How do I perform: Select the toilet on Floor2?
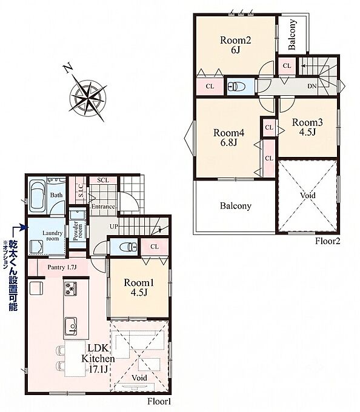pyautogui.click(x=235, y=86)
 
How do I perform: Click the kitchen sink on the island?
pyautogui.click(x=71, y=326)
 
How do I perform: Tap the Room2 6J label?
pyautogui.click(x=236, y=45)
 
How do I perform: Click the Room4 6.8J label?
pyautogui.click(x=229, y=138)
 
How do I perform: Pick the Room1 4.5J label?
pyautogui.click(x=139, y=287)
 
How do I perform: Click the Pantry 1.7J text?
pyautogui.click(x=62, y=267)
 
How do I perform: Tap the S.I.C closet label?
pyautogui.click(x=81, y=190)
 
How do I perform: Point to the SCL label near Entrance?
pyautogui.click(x=103, y=181)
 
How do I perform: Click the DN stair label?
pyautogui.click(x=312, y=86)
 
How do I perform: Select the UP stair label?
pyautogui.click(x=114, y=227)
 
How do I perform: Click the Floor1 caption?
pyautogui.click(x=159, y=402)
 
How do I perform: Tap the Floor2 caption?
pyautogui.click(x=328, y=241)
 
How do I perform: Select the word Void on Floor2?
pyautogui.click(x=308, y=195)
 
